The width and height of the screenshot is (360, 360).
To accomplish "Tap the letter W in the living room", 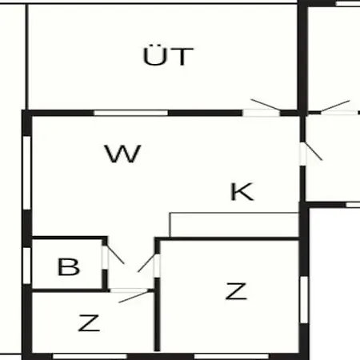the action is [122, 154].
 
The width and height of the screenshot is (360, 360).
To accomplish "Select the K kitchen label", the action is [242, 191].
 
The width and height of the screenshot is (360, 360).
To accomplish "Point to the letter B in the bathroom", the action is [69, 266].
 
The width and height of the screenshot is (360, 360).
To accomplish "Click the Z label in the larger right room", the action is [236, 291].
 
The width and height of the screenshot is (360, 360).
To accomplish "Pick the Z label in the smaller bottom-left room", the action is [89, 323].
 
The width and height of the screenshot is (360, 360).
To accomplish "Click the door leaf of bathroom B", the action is [115, 254].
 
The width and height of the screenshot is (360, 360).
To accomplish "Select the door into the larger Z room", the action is [146, 263].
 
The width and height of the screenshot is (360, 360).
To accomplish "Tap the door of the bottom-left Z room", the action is [134, 297].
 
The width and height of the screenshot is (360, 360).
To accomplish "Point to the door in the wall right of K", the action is [314, 151].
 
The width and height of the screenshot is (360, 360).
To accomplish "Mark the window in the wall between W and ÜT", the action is [131, 113].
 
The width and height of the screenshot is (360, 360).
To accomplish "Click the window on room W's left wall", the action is [27, 173].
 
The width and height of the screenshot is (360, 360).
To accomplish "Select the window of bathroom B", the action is [26, 266].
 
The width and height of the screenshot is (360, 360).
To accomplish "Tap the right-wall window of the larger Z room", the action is [304, 300].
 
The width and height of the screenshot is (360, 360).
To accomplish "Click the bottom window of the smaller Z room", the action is [90, 356].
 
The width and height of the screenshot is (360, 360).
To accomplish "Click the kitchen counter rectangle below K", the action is [234, 225].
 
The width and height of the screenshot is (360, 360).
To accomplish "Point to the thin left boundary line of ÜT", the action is [26, 57].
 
